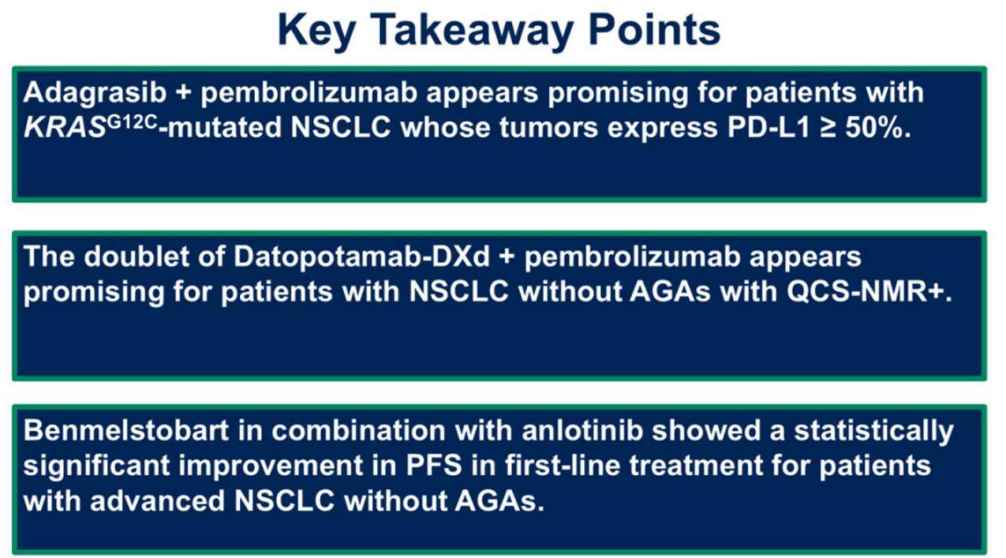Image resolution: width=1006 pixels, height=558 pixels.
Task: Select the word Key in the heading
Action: pos(317,30)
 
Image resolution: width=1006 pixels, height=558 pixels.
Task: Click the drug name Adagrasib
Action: pos(95,94)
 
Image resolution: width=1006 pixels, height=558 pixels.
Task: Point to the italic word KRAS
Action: pos(64,127)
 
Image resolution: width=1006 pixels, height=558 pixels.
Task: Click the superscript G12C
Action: pos(132,122)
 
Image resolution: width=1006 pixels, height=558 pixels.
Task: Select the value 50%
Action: pos(878,128)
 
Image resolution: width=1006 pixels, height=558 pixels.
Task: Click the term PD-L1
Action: pos(768,127)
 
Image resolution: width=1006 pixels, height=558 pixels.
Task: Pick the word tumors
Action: pos(548,128)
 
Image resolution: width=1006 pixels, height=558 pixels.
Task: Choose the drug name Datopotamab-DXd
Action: pos(362,257)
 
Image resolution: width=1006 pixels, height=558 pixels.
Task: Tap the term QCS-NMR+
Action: pos(869,292)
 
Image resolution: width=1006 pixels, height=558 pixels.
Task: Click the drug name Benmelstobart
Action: pos(126,430)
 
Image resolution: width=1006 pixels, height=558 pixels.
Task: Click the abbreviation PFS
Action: pos(434,466)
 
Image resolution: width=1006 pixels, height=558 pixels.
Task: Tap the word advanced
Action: pos(157,501)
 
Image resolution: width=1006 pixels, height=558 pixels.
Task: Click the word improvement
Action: pos(271,467)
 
